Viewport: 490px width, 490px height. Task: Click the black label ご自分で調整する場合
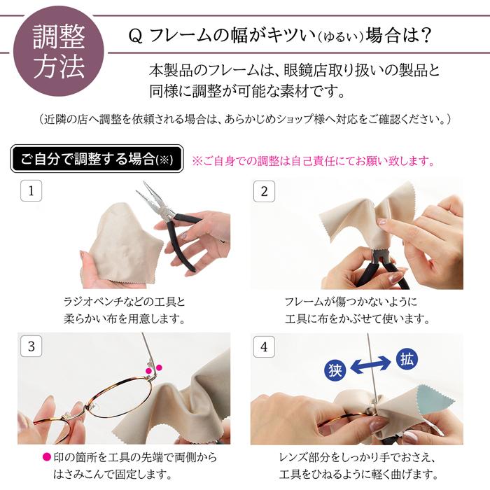pos(97,159)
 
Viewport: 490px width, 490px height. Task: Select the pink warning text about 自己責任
pos(313,161)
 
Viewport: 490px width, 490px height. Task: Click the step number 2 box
pos(264,190)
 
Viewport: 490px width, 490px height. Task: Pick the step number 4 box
pos(264,345)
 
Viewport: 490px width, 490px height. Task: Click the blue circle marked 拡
pos(407,360)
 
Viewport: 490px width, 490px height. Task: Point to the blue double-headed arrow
pos(371,365)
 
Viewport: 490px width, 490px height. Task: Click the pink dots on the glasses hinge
pos(153,368)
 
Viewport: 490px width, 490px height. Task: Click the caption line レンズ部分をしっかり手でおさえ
pos(357,458)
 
